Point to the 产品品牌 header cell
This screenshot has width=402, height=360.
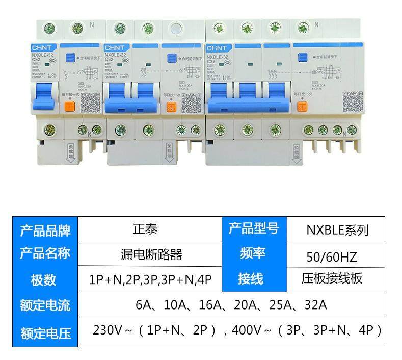(45, 229)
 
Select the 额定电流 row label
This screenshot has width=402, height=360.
(45, 306)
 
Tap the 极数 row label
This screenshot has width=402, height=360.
(45, 279)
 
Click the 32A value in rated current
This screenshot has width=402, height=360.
(314, 306)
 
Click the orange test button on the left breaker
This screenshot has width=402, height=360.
(69, 107)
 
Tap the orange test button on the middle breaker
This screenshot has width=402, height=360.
(171, 107)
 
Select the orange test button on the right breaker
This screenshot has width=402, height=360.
(302, 107)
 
